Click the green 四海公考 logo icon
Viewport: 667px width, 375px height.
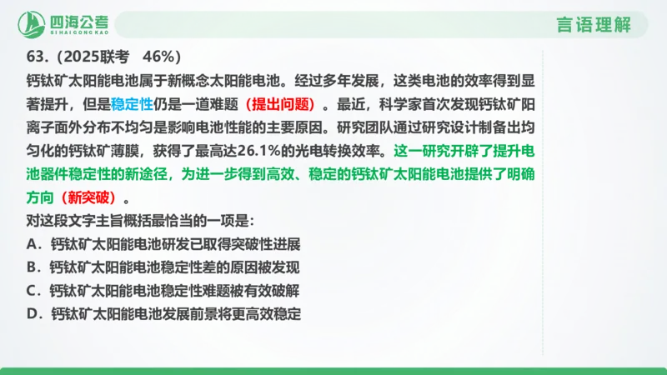(33, 24)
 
